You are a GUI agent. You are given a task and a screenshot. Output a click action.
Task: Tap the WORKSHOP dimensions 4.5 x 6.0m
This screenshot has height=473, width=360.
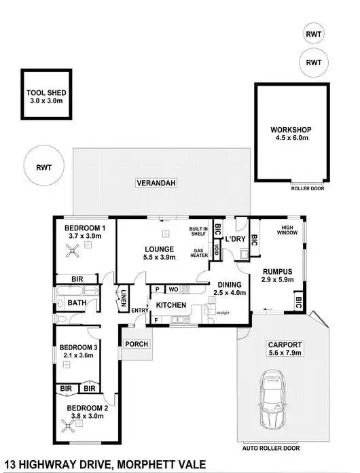coord(290,137)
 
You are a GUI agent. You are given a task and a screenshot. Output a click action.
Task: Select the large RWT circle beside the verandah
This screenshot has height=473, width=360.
coord(43,166)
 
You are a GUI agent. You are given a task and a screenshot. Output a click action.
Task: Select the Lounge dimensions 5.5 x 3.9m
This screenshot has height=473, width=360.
coord(160,258)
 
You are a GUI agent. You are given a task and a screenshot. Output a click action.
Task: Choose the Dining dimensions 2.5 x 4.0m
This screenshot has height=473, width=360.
coord(229,293)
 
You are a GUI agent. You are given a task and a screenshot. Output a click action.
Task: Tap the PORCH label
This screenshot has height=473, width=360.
coord(137,344)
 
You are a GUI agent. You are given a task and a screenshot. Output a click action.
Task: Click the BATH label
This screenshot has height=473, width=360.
coord(77,303)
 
